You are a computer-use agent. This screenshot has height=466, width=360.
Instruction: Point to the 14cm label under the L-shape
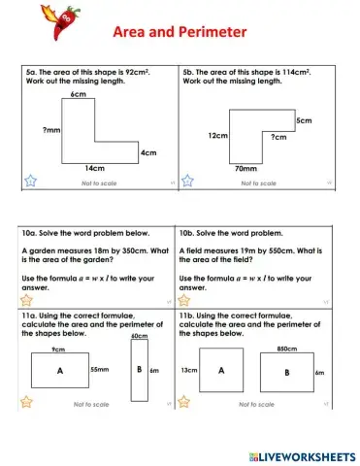click(95, 168)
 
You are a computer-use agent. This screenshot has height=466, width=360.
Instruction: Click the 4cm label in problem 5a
click(147, 152)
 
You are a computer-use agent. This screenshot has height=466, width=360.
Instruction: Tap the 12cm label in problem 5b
click(216, 136)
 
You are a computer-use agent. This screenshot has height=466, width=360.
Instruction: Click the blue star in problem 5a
click(30, 181)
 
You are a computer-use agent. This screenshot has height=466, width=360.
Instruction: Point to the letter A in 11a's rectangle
click(59, 371)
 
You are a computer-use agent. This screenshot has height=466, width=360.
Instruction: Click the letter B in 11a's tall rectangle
click(139, 370)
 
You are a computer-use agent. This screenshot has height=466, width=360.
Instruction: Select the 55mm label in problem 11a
click(100, 370)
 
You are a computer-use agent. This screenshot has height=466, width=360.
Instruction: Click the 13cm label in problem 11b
click(189, 370)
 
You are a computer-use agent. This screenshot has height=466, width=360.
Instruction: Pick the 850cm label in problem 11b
click(286, 349)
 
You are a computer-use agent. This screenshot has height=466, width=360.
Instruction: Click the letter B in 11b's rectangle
click(286, 371)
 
